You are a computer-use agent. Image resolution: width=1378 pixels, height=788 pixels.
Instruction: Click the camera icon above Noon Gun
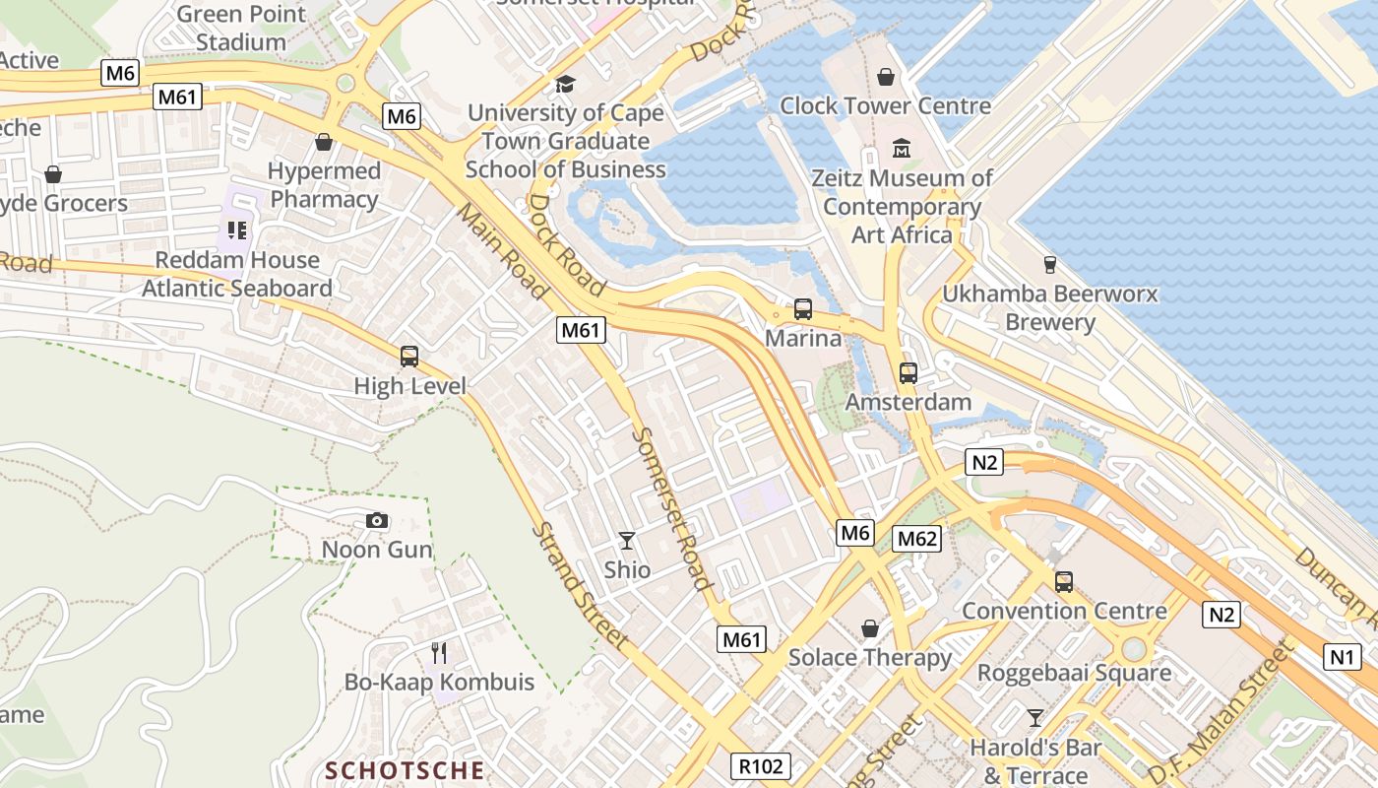[376, 520]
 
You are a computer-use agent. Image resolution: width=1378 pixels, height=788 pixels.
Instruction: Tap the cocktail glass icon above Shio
[626, 540]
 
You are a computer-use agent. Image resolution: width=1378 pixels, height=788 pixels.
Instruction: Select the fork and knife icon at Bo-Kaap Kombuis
[439, 652]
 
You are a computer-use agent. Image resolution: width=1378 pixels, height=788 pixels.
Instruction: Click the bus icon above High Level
[409, 357]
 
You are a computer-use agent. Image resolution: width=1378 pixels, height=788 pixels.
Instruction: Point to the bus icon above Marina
[803, 309]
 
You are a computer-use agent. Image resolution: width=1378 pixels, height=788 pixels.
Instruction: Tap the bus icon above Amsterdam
[908, 373]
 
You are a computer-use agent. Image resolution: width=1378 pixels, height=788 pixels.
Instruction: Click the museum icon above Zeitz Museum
[902, 149]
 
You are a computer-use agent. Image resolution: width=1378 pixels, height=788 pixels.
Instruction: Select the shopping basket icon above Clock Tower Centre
[886, 76]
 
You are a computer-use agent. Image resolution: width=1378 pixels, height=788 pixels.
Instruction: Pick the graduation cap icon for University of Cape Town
[565, 84]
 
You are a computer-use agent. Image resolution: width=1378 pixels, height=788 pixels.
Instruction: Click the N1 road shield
[1342, 657]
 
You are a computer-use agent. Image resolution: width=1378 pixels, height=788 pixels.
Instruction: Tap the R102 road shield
[761, 765]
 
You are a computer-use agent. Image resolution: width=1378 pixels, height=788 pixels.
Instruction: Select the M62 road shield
[916, 539]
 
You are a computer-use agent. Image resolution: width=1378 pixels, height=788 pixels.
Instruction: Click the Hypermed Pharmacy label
[324, 185]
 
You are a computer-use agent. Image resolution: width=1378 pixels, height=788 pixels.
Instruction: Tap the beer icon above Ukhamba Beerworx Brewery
[1049, 264]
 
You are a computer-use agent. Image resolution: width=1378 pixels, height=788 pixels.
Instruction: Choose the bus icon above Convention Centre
[1064, 581]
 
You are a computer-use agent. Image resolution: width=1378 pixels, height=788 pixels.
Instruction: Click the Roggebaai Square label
[1074, 674]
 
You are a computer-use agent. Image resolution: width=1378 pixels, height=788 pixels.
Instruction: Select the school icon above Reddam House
[236, 230]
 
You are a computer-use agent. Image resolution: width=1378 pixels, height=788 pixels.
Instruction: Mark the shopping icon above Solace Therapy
[870, 627]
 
